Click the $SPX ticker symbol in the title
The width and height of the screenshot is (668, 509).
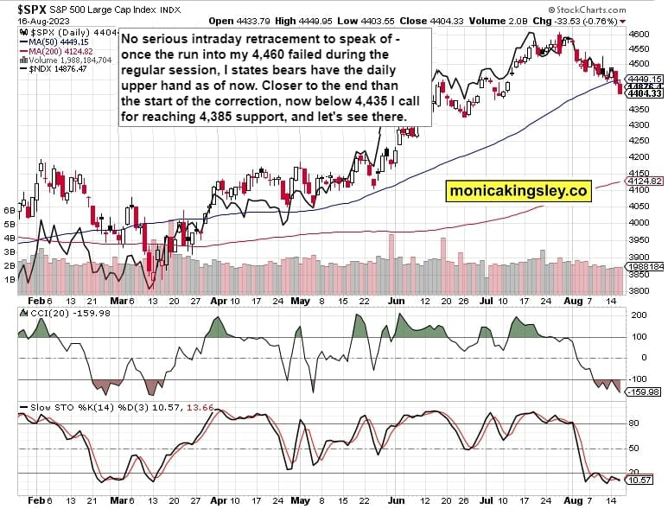pos(22,9)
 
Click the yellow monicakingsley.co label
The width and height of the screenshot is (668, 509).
pos(518,190)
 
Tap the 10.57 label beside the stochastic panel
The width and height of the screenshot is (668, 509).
pos(639,479)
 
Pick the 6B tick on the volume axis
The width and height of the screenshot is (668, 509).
pos(10,210)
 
